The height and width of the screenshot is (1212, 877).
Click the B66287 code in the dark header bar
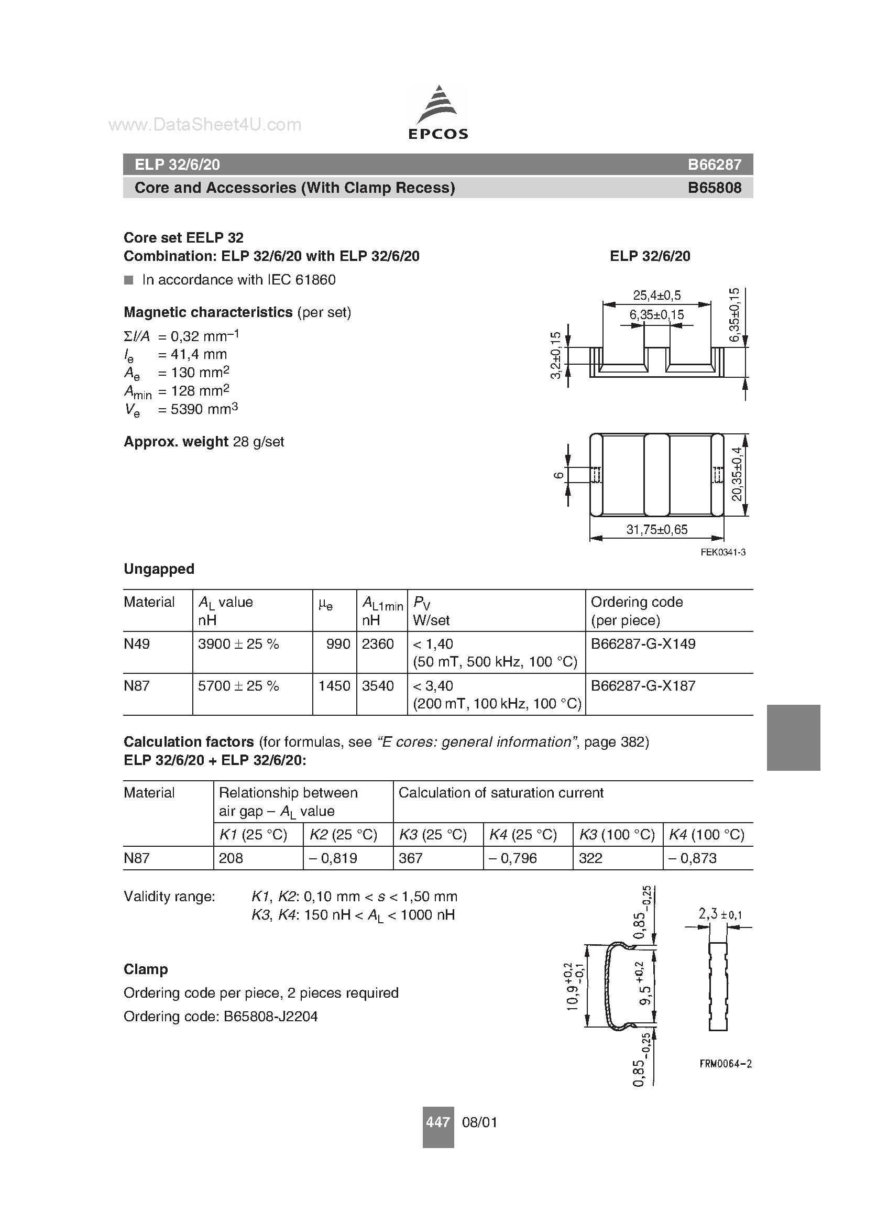[714, 165]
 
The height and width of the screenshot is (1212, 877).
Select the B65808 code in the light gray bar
[714, 188]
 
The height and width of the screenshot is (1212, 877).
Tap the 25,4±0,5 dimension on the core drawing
[657, 295]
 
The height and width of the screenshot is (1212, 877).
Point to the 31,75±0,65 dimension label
[656, 530]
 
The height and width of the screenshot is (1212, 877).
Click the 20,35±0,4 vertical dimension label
[737, 474]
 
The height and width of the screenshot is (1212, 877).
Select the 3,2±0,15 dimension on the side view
[556, 355]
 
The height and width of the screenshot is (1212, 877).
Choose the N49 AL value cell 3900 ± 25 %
[238, 644]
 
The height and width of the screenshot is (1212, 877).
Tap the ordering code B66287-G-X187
[643, 685]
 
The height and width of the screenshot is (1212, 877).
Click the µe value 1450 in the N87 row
[334, 685]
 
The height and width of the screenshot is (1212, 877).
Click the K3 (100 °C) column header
[617, 835]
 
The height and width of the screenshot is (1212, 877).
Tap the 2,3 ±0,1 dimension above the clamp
[719, 915]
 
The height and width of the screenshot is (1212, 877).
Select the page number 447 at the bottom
[437, 1122]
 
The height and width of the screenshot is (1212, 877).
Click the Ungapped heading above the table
[159, 569]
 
